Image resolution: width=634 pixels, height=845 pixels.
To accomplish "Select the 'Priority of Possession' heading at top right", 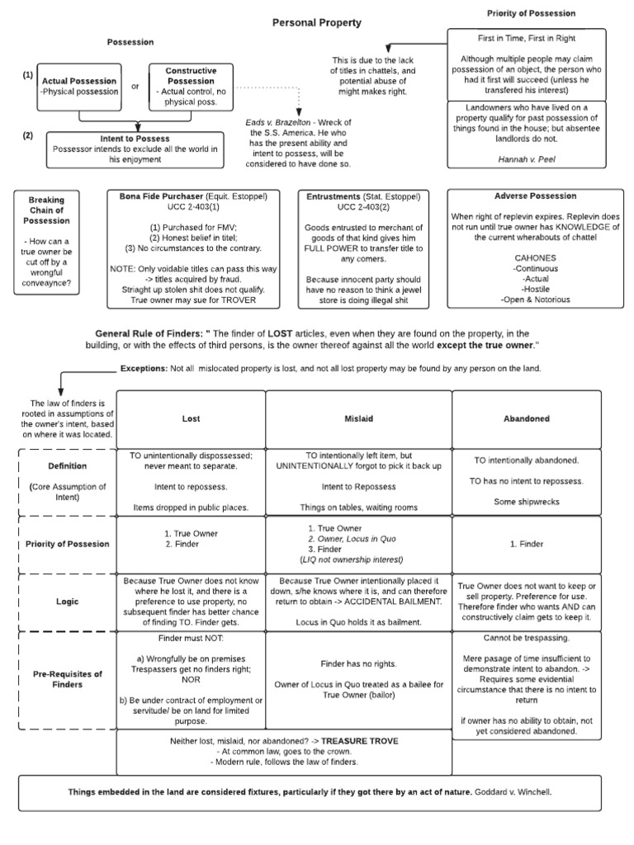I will (x=531, y=13).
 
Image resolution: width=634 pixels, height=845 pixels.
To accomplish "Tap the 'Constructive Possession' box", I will (x=191, y=86).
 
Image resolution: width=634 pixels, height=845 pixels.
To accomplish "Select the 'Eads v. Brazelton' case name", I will (x=275, y=121).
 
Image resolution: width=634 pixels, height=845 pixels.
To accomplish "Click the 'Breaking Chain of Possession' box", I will (x=46, y=210).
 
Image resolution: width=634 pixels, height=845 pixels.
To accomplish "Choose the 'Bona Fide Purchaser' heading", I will (x=157, y=197).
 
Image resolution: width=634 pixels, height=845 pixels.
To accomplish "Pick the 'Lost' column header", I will (x=191, y=418).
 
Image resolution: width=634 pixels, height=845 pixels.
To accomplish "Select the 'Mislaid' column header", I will (x=358, y=418).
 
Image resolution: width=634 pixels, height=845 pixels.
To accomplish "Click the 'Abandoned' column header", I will (x=526, y=418).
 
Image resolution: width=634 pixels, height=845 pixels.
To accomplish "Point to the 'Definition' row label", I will (x=68, y=466).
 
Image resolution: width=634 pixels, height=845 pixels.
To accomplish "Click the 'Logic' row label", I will (x=68, y=602).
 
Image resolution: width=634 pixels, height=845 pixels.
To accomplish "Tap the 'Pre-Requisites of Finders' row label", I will (x=68, y=679).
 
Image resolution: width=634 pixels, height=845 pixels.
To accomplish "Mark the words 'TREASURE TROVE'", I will (x=360, y=741).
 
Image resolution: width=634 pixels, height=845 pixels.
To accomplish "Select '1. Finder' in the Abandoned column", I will (x=526, y=544).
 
